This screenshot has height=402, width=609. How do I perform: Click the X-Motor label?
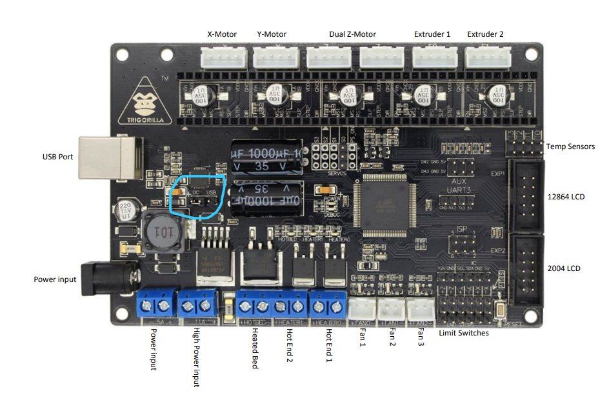[x=221, y=34]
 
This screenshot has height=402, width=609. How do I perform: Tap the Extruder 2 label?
[x=485, y=34]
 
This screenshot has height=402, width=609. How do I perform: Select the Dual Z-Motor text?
[x=352, y=34]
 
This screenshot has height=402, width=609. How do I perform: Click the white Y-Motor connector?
[x=272, y=58]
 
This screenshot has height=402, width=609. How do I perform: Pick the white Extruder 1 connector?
[x=432, y=58]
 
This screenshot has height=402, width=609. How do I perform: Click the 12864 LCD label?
[x=565, y=196]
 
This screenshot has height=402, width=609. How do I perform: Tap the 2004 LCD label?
[x=563, y=267]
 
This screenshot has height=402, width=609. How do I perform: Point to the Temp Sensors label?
[x=570, y=146]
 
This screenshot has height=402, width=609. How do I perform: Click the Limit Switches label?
[x=463, y=333]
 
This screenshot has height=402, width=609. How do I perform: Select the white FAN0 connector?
[x=363, y=308]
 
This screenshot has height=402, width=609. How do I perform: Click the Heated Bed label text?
[x=255, y=348]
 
